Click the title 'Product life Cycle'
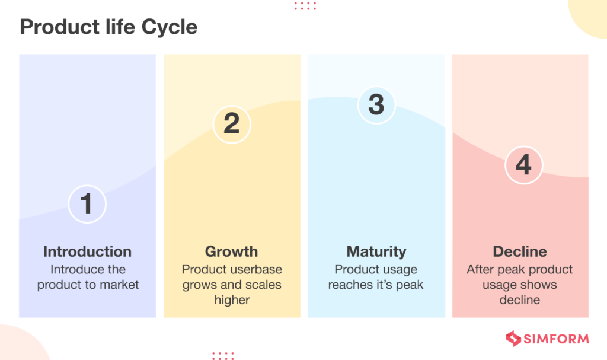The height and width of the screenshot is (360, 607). tap(108, 27)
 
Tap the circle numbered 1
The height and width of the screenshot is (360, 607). tap(87, 203)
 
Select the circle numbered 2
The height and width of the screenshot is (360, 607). tap(232, 123)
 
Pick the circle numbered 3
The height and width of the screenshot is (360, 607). tap(376, 104)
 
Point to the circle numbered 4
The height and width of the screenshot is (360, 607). tap(523, 164)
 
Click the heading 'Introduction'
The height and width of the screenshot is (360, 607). tap(87, 251)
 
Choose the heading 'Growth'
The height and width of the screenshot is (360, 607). tap(232, 251)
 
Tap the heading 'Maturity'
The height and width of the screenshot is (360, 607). tap(376, 251)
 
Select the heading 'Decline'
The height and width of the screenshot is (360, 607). tap(520, 251)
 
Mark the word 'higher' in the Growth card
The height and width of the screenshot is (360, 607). tap(232, 300)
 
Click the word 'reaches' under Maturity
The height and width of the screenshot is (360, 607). tap(350, 285)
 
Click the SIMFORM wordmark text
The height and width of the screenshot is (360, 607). tap(555, 339)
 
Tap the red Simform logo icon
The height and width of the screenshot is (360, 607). tap(513, 339)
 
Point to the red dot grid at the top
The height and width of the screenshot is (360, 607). tap(305, 5)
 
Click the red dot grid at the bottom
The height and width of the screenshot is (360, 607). tap(223, 355)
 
